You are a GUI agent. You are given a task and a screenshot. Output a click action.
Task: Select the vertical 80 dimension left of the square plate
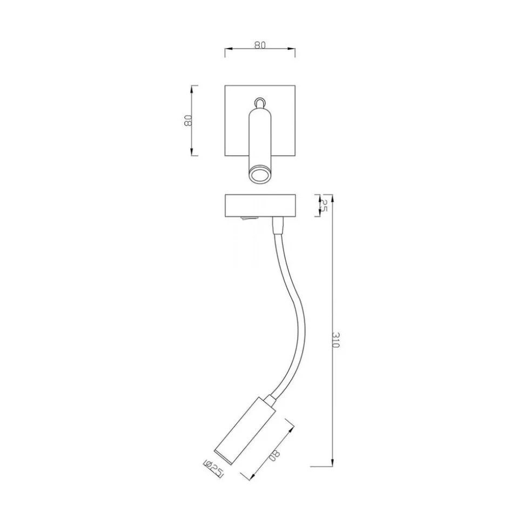coord(187,121)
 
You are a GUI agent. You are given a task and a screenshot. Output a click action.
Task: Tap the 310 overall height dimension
coord(335,340)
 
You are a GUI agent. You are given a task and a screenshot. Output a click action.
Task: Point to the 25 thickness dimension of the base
coord(323,205)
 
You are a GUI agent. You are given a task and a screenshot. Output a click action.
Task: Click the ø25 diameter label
coord(213,468)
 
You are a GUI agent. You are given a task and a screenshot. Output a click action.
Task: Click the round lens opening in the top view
coord(260,175)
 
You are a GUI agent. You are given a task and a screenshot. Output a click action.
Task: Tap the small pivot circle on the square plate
coord(260,102)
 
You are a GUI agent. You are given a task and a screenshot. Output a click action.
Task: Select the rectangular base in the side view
coord(260,206)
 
